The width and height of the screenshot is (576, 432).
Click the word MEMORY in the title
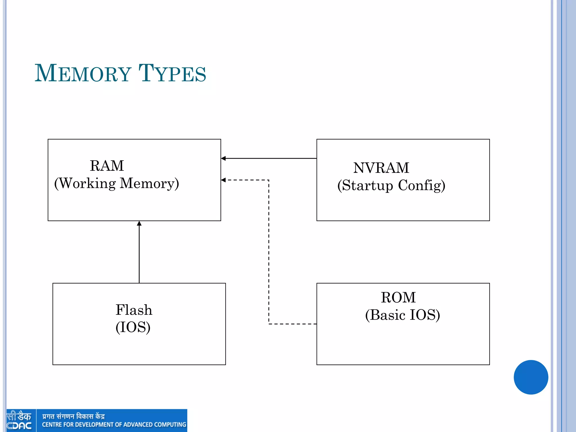tap(83, 74)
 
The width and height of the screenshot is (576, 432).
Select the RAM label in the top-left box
tap(107, 166)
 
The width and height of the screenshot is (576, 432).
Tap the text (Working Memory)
tap(116, 183)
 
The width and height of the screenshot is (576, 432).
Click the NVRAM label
tap(381, 168)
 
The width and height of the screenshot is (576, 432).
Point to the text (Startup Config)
tap(391, 186)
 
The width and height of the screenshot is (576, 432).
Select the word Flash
tap(134, 310)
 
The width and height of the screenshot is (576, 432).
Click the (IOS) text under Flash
tap(133, 327)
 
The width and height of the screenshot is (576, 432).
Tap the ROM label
tap(398, 298)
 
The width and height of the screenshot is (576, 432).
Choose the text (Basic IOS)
tap(402, 315)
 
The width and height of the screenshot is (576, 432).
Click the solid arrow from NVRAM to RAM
tap(270, 158)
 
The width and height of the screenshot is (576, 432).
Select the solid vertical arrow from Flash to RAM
tap(139, 253)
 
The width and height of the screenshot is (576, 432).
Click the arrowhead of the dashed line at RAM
tap(223, 180)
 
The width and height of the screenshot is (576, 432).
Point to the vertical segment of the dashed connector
tap(269, 253)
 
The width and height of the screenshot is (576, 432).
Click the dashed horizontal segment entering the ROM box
tap(292, 324)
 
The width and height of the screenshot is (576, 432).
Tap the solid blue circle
tap(531, 377)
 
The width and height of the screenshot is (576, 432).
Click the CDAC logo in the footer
tap(19, 420)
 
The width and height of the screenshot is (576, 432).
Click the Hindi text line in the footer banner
tap(73, 416)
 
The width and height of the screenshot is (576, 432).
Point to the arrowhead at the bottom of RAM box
tap(139, 223)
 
